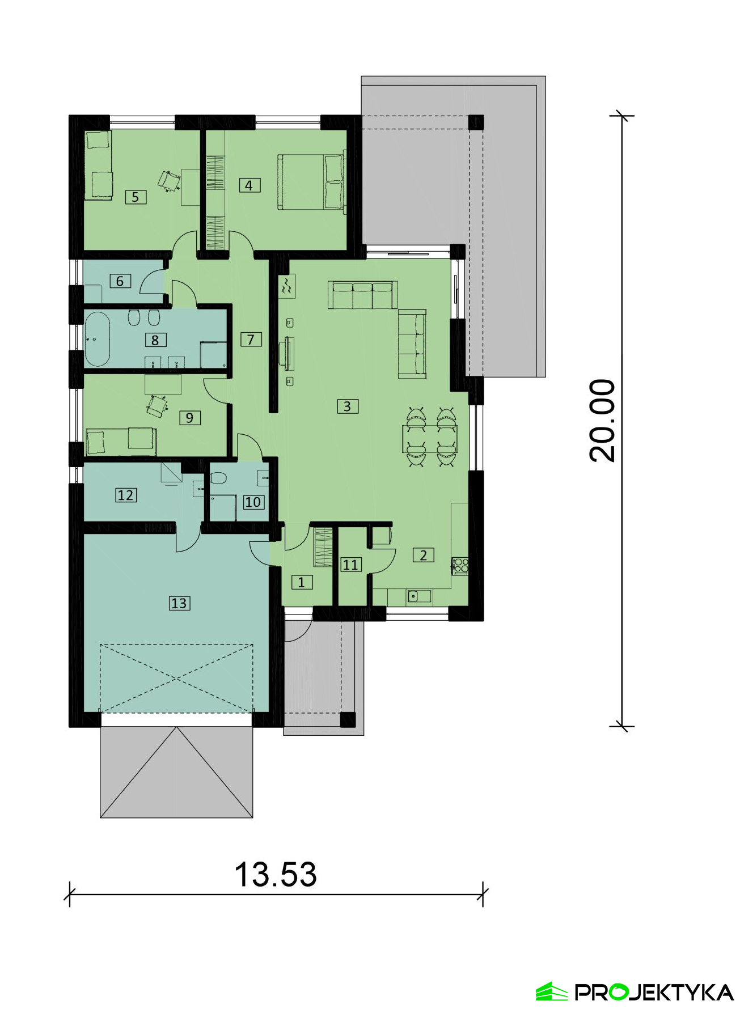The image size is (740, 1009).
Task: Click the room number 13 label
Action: [179, 603]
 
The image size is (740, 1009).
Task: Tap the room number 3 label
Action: [347, 406]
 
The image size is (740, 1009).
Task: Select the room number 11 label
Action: [350, 565]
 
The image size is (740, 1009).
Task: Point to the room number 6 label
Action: [120, 281]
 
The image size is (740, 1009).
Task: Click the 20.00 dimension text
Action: [602, 420]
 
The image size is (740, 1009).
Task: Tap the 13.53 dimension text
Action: [276, 875]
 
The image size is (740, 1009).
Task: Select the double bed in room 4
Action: [311, 181]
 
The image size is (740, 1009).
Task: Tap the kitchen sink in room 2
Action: [419, 596]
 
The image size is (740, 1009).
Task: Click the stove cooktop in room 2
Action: [460, 565]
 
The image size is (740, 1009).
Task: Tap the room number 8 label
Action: [155, 340]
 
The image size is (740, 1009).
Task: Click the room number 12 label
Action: [125, 495]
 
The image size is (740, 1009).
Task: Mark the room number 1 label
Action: [302, 582]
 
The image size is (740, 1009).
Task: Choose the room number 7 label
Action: [251, 339]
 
